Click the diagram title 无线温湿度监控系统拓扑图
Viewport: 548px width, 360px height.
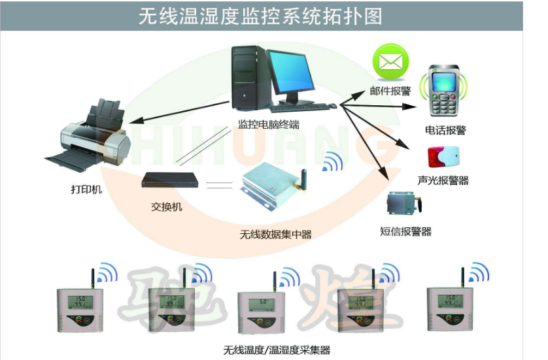tap(260, 16)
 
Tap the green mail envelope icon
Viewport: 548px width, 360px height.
tap(390, 63)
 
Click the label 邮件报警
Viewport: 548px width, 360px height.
tap(390, 91)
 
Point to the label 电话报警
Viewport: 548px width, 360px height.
tap(445, 130)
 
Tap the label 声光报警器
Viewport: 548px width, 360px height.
tap(443, 181)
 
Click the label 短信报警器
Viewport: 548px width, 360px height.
tap(405, 231)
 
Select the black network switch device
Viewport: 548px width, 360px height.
tap(169, 180)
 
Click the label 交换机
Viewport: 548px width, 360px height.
tap(167, 208)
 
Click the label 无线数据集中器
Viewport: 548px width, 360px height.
tap(275, 233)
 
